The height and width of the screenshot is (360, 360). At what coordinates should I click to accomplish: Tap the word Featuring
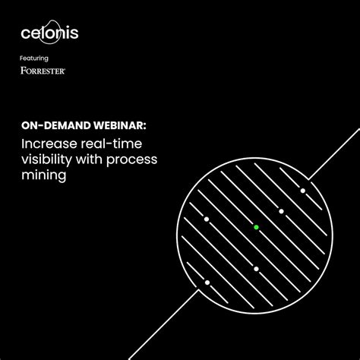33,58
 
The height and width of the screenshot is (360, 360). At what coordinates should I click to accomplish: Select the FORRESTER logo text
43,71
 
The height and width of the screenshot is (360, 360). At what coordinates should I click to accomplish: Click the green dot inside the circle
257,227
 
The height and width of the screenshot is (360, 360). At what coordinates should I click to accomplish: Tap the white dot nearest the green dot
281,210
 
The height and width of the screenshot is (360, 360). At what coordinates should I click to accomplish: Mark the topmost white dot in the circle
302,190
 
